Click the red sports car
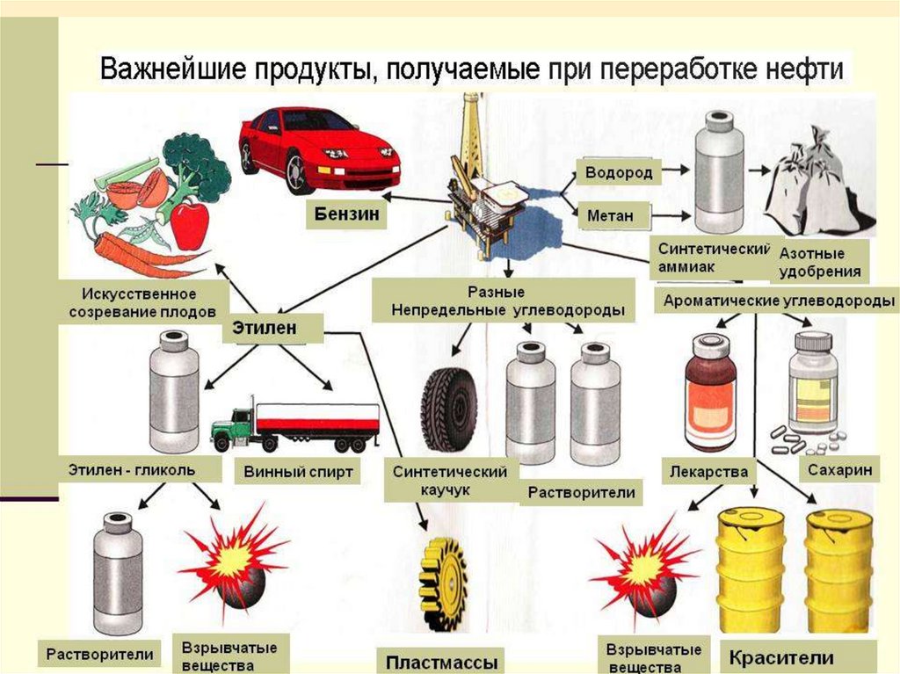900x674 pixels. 318,148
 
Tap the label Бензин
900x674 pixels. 346,214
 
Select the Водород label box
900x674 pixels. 619,173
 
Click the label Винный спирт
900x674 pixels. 298,472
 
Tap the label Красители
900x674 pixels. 780,656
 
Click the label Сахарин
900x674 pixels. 838,470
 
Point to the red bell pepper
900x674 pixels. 189,223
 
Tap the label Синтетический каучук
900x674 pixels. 450,480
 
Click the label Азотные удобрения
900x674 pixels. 820,262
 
